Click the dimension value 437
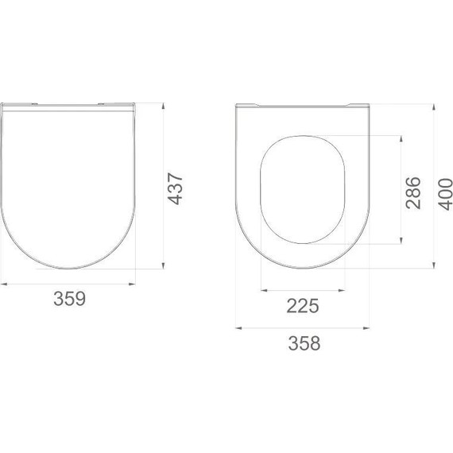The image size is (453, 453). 176,189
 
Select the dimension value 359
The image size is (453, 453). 70,299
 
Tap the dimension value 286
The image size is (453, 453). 412,192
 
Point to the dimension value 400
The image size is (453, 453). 446,194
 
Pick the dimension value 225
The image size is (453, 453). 303,306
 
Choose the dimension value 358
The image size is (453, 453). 304,343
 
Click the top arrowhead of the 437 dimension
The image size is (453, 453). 163,106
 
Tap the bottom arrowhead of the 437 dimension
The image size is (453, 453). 163,265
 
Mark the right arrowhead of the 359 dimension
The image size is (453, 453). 132,285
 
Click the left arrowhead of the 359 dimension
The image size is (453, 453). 4,285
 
